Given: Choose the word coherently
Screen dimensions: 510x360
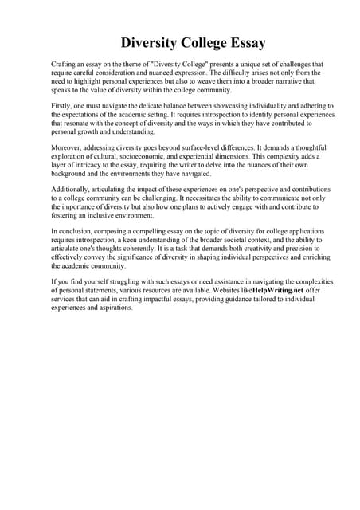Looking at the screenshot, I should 143,249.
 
